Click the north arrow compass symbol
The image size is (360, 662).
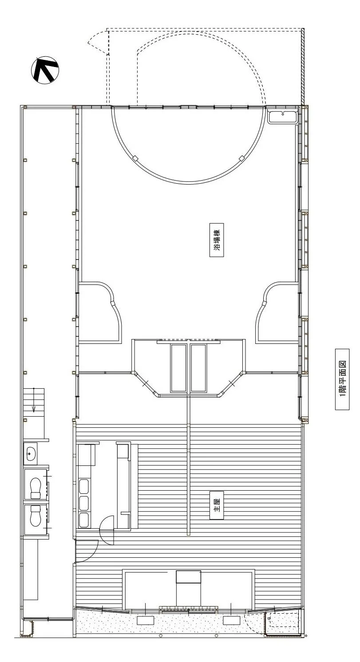pos(45,70)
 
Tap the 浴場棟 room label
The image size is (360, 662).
pos(217,240)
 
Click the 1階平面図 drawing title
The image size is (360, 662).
pos(342,379)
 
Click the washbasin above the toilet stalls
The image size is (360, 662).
pos(31,453)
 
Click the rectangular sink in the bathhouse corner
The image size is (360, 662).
pos(283,116)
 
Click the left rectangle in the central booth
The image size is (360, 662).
pos(178,368)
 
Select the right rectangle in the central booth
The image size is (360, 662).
pos(198,368)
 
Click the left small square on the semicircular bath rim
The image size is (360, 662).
pos(135,158)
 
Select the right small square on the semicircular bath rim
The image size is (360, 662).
pos(242,158)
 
